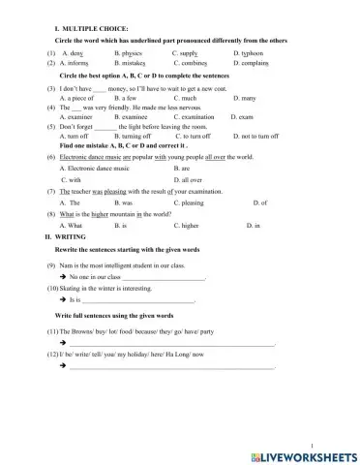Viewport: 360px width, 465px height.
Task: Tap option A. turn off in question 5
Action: pyautogui.click(x=75, y=134)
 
